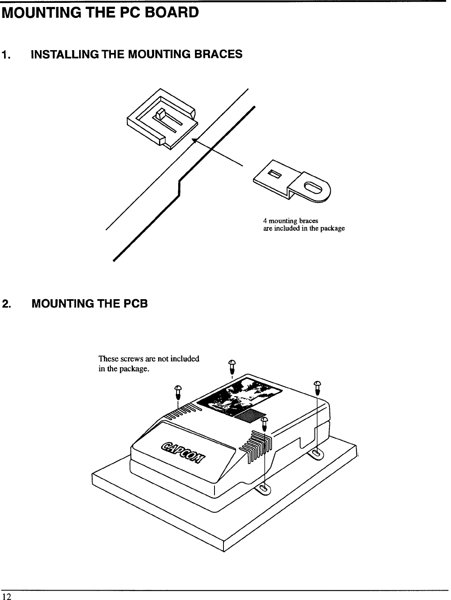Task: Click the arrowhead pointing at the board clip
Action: click(195, 141)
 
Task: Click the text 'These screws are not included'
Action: click(149, 359)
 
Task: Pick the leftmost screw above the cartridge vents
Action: click(178, 392)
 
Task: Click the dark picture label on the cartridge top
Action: click(240, 396)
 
